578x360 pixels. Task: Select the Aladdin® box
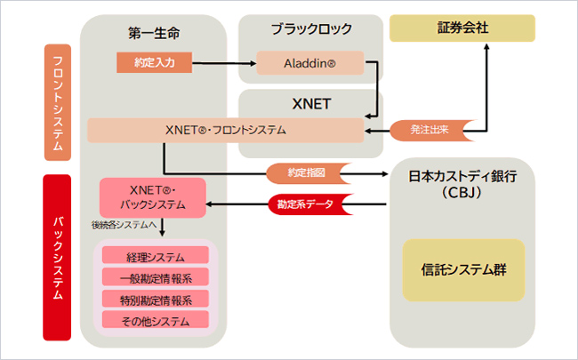click(x=310, y=63)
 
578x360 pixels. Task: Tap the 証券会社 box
click(x=462, y=29)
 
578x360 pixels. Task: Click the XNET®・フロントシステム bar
click(x=225, y=130)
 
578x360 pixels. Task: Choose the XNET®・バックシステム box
click(x=152, y=197)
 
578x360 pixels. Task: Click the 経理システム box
click(x=156, y=257)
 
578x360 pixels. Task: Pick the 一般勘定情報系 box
click(x=156, y=277)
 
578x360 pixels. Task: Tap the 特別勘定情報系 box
click(x=156, y=298)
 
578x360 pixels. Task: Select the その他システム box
click(x=156, y=318)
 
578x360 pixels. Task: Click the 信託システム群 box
click(x=462, y=269)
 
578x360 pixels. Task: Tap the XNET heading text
click(x=310, y=103)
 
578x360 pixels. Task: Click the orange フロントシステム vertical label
click(x=58, y=102)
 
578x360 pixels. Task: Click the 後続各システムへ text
click(x=124, y=226)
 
